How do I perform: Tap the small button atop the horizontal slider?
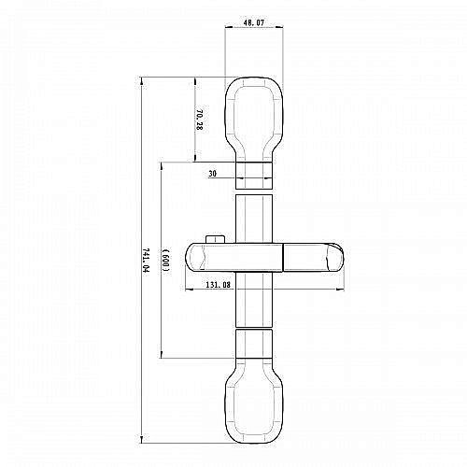216,238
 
